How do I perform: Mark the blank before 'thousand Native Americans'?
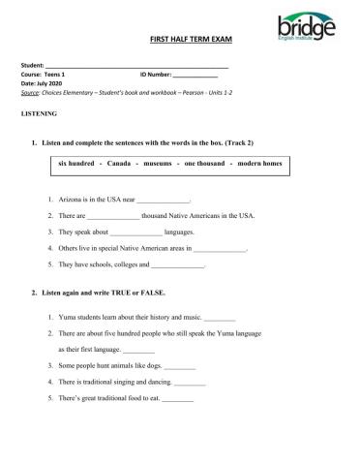(x=113, y=217)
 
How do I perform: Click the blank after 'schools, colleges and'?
(x=177, y=264)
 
